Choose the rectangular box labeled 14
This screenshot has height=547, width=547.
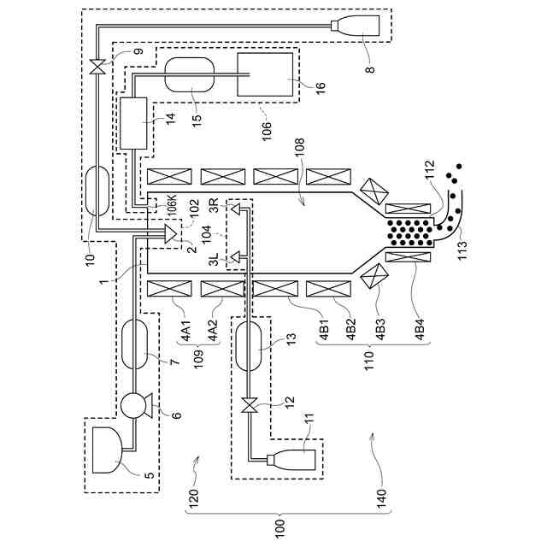(135, 124)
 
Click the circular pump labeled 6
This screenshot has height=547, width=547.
(135, 403)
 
